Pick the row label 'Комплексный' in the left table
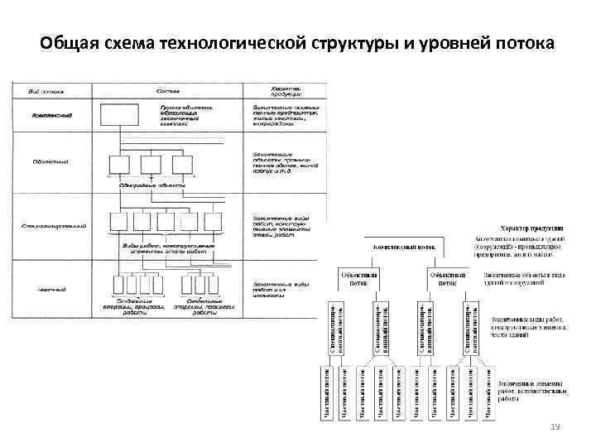click(52, 115)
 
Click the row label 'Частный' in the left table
click(52, 289)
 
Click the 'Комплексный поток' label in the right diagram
click(405, 247)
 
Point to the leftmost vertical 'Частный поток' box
click(325, 392)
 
